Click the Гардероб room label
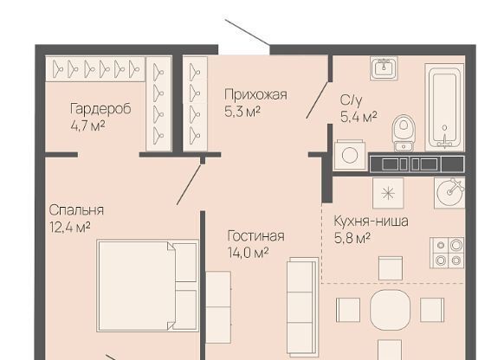(100, 109)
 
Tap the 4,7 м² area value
(87, 125)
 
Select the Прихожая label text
(255, 95)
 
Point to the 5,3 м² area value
(242, 112)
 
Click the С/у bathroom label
(351, 100)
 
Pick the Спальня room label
(76, 210)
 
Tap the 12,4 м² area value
(70, 228)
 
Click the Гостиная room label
(255, 236)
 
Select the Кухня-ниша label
(371, 221)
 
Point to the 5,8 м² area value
(352, 238)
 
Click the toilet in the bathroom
(404, 132)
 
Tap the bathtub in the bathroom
(444, 107)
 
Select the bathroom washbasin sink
(384, 68)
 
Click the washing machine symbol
(350, 155)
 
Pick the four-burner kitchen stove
(448, 253)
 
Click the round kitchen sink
(449, 193)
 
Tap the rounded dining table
(391, 310)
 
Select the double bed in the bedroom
(147, 286)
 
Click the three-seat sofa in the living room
(302, 306)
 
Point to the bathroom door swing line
(317, 100)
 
